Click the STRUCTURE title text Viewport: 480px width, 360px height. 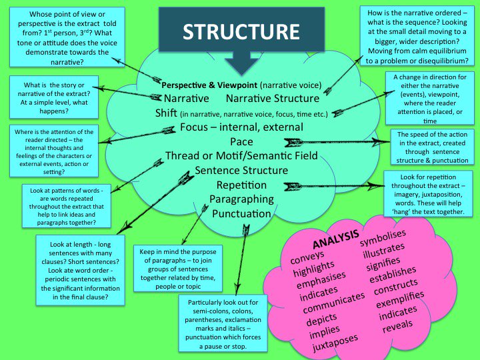coord(241,31)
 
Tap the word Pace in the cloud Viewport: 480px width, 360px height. coord(241,141)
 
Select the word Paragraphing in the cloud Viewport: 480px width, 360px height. coord(241,199)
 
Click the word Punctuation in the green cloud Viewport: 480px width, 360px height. coord(241,214)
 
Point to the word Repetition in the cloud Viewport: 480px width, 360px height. coord(241,185)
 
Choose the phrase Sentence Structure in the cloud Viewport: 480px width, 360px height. coord(241,170)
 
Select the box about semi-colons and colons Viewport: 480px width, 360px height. coord(223,324)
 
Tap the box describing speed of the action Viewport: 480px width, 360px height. coord(435,147)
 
